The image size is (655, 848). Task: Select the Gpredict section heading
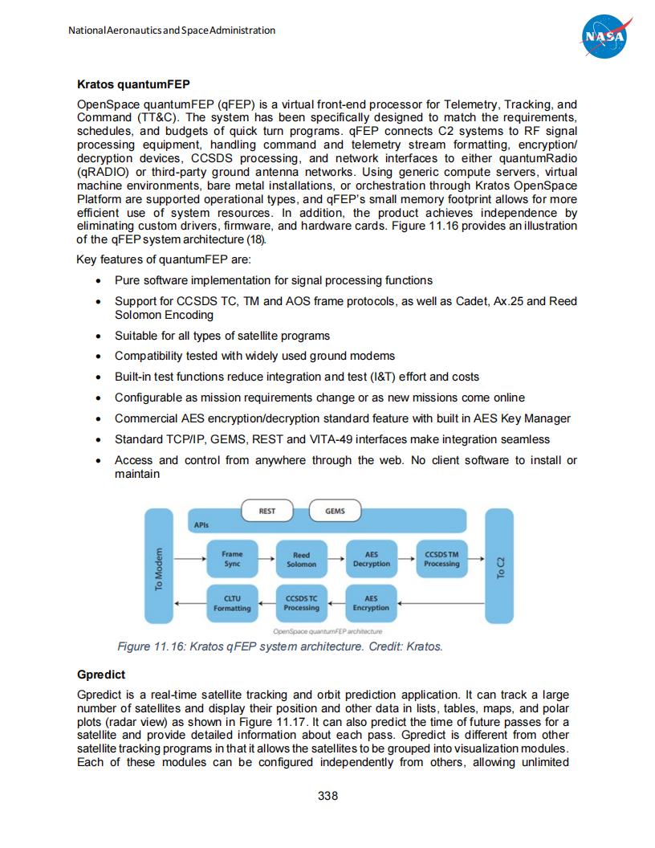(101, 675)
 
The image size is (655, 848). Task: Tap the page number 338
(327, 796)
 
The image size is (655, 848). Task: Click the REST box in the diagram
(267, 511)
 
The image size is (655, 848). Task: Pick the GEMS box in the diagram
(335, 511)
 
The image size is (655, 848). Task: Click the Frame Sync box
(232, 559)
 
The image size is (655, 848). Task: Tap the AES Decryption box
(371, 559)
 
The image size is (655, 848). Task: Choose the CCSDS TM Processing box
(441, 559)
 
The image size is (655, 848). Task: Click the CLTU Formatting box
(232, 603)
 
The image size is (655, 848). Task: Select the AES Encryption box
(371, 603)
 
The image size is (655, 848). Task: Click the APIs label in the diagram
(201, 524)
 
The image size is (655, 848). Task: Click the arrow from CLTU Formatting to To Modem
(191, 603)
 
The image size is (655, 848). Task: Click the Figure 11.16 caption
(279, 646)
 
